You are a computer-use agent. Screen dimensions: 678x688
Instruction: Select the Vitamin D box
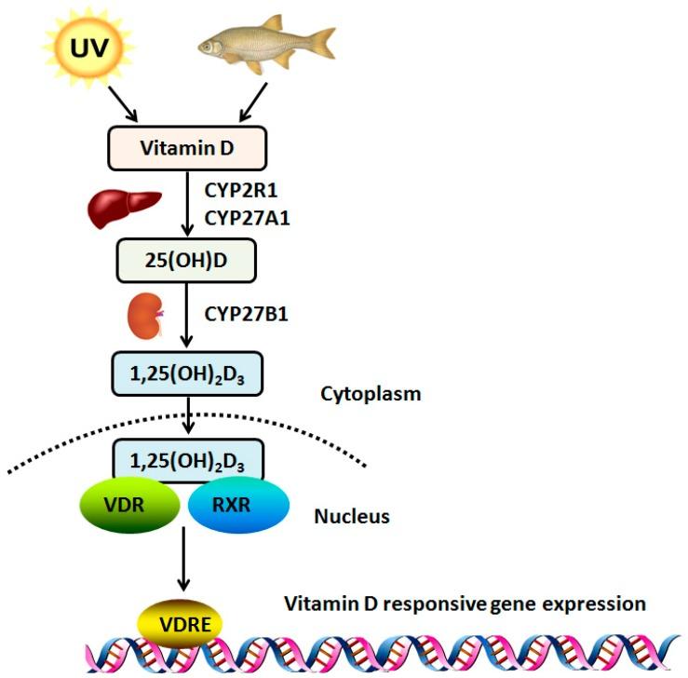187,148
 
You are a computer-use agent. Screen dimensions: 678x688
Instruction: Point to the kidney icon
142,315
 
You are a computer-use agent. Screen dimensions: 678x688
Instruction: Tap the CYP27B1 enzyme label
246,314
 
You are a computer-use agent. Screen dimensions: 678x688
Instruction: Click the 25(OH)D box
188,261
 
